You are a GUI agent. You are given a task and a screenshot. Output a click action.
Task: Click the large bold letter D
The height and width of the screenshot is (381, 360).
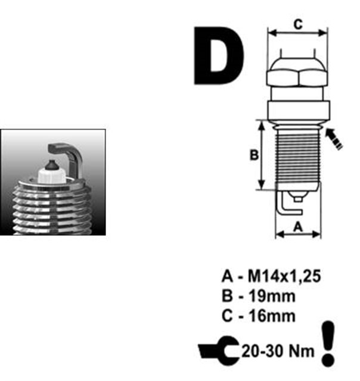[219, 55]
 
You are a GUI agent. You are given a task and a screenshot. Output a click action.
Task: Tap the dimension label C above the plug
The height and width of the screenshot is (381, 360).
[298, 24]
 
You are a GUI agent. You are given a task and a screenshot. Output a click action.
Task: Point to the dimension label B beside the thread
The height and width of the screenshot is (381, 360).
[254, 155]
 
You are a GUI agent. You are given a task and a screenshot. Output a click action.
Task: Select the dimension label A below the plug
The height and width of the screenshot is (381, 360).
[298, 227]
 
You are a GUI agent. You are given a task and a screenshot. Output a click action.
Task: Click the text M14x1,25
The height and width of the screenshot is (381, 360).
[284, 276]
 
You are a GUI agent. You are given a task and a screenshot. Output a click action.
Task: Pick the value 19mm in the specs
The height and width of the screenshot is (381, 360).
[272, 296]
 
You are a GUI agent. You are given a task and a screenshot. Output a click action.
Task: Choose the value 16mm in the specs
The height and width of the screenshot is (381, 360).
[272, 316]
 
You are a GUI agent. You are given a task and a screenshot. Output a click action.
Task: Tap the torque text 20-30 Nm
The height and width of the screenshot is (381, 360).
[278, 351]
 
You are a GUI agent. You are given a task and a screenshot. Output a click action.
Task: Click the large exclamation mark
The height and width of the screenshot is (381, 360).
[328, 343]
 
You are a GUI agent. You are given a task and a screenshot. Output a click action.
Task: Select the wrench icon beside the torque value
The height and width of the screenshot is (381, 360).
[219, 351]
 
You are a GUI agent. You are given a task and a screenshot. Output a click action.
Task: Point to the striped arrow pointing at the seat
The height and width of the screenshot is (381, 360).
[334, 139]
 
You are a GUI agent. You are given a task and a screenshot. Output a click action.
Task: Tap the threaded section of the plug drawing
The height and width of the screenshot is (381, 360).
[298, 157]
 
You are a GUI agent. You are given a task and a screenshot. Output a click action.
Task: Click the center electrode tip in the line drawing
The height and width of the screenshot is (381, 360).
[298, 199]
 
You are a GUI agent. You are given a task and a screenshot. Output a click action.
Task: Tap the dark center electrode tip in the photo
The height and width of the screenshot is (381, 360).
[52, 165]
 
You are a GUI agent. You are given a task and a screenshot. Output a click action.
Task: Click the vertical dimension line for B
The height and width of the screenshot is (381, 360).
[261, 155]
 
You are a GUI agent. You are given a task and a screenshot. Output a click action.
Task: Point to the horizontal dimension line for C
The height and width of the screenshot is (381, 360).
[298, 33]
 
